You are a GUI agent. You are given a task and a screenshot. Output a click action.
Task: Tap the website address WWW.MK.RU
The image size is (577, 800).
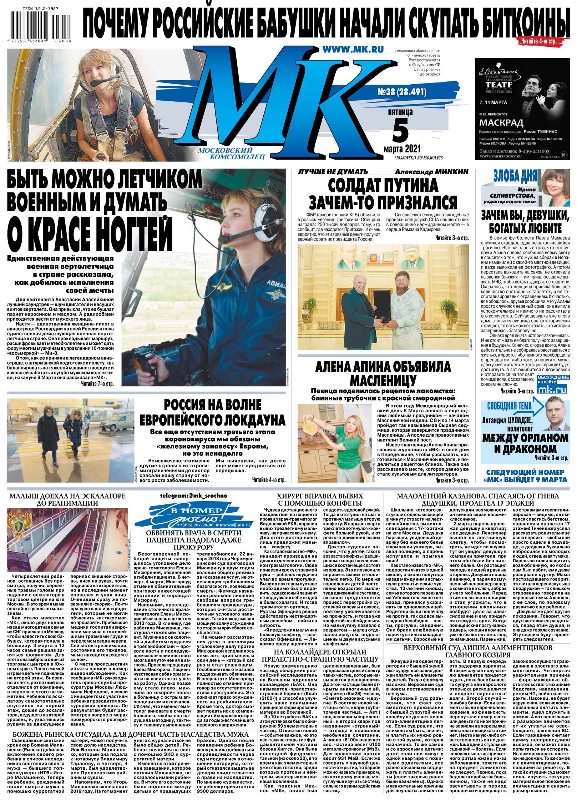(x=353, y=50)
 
